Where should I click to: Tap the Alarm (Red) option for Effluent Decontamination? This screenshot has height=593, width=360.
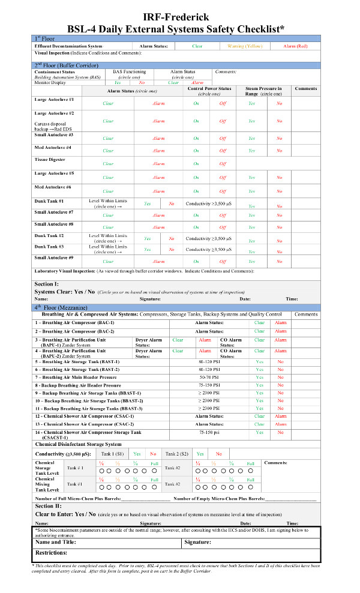coord(296,46)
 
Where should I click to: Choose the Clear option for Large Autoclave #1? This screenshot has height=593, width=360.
coord(108,104)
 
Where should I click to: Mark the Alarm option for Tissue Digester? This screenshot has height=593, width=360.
coord(158,163)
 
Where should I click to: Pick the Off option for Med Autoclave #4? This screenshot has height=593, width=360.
coord(223,150)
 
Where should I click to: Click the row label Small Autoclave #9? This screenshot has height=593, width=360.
coord(54,257)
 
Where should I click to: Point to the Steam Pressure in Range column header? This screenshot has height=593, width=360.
coord(263,91)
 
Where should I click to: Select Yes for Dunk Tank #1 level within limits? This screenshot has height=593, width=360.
coord(147,204)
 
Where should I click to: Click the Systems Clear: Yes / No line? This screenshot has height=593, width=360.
coord(65,291)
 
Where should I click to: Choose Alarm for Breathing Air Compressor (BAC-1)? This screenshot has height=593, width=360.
coord(280,322)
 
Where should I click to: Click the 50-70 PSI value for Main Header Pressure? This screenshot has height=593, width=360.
coord(209,377)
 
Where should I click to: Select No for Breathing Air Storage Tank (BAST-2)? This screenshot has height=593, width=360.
coord(280,369)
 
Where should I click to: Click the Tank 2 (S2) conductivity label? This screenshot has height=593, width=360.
coord(177,454)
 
